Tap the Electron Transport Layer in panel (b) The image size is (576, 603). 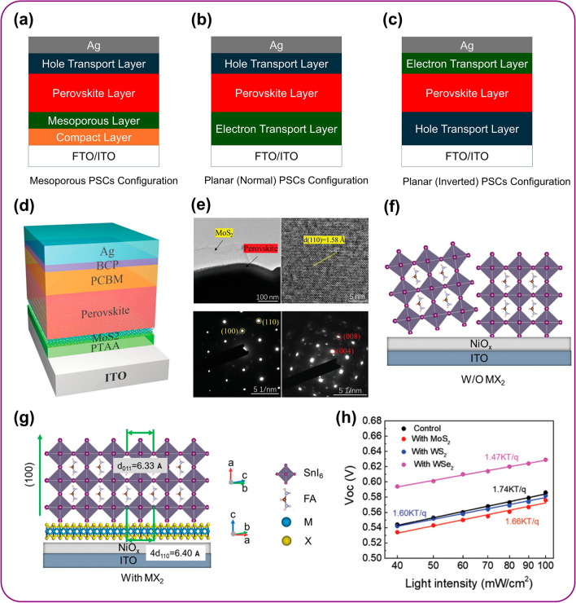point(273,128)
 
